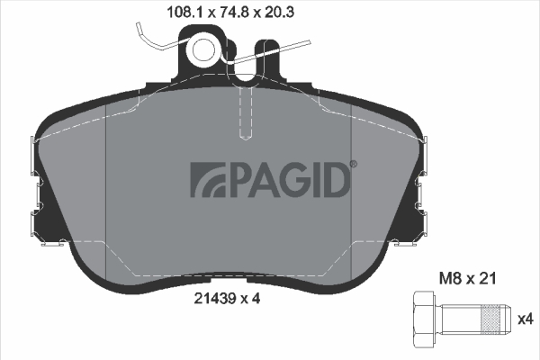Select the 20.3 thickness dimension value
tap(279, 13)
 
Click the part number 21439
tap(215, 298)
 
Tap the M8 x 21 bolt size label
tap(467, 278)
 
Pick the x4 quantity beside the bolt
tap(526, 319)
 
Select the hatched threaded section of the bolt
tap(490, 319)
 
